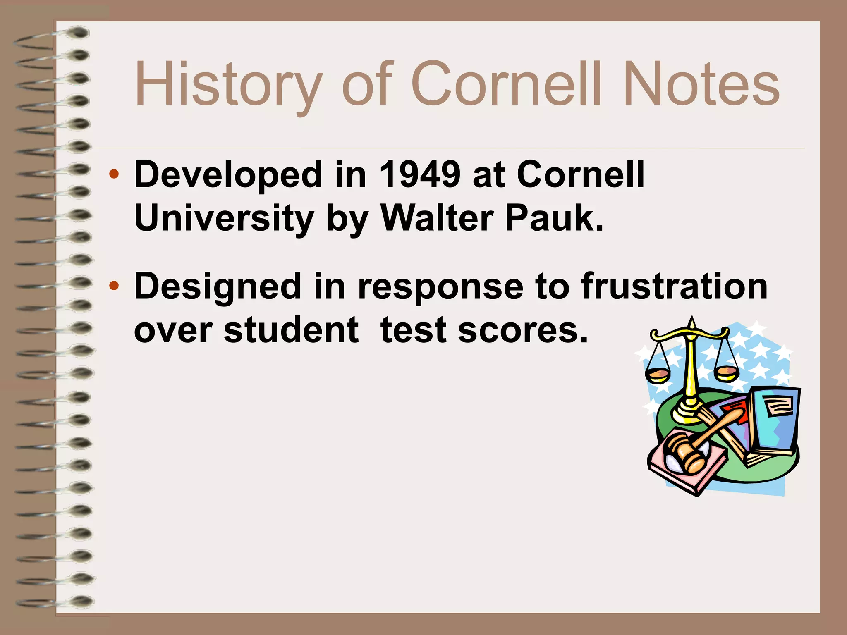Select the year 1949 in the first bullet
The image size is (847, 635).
pyautogui.click(x=419, y=174)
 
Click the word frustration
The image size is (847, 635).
pyautogui.click(x=674, y=286)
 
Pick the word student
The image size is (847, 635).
pyautogui.click(x=291, y=330)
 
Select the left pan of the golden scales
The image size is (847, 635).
pyautogui.click(x=658, y=374)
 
